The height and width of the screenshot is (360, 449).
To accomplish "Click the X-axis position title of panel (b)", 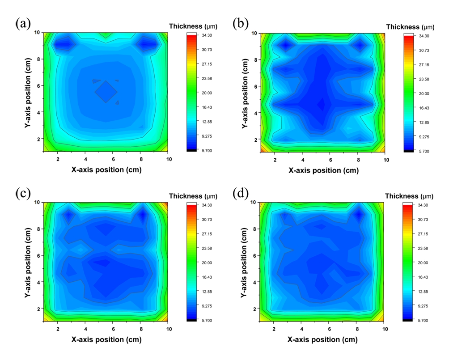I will point(323,170).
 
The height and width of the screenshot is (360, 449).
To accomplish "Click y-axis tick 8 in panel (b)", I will point(253,59).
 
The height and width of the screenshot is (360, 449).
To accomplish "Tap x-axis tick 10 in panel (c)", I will point(168,329).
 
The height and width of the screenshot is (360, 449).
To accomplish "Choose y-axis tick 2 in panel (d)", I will point(253,309).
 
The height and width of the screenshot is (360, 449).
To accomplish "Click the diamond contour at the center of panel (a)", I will point(106,92).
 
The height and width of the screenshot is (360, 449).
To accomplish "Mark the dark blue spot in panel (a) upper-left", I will point(63,44).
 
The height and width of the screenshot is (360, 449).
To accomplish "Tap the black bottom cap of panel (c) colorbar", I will point(193,321).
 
